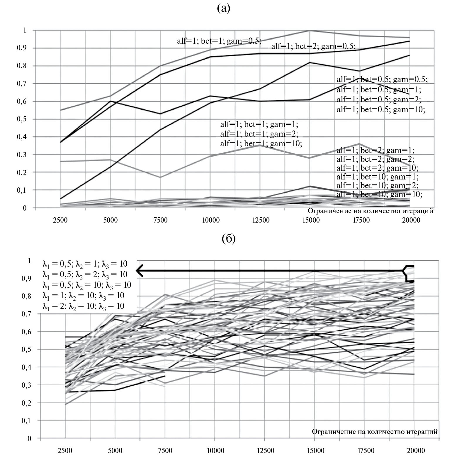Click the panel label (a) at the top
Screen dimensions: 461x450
pos(223,9)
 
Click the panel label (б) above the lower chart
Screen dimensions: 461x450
pos(229,239)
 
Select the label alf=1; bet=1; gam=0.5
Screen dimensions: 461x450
pos(219,41)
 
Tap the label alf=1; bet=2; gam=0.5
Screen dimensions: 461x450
pos(313,46)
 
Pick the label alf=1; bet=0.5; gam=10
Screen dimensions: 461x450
pos(381,110)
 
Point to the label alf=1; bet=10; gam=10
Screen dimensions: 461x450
pos(379,194)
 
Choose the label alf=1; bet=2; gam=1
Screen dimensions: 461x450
pos(375,151)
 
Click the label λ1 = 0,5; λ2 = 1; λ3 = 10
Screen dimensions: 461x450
pos(85,264)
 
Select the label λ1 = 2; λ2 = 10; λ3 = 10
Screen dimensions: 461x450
pos(83,306)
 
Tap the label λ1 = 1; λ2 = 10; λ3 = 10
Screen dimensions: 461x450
pos(83,296)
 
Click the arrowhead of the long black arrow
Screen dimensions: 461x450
pos(140,271)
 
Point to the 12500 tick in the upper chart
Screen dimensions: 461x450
pos(261,220)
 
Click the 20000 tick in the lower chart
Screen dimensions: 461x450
pos(416,450)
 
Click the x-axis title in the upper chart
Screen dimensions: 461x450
pos(370,211)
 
